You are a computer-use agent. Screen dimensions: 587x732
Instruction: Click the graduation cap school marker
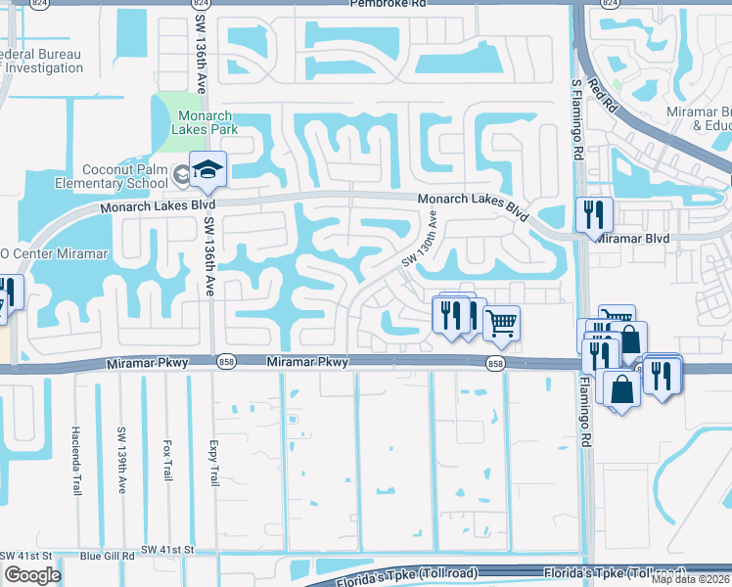pyautogui.click(x=207, y=172)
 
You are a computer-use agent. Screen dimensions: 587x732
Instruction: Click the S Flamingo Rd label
pyautogui.click(x=577, y=126)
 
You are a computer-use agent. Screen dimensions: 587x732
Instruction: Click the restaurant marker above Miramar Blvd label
pyautogui.click(x=594, y=214)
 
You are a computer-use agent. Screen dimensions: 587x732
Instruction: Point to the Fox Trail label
pyautogui.click(x=167, y=458)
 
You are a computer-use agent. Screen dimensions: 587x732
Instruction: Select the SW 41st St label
pyautogui.click(x=164, y=553)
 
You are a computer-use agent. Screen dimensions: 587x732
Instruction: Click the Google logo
pyautogui.click(x=31, y=575)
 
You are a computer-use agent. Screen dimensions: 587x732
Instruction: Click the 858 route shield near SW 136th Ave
pyautogui.click(x=226, y=363)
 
